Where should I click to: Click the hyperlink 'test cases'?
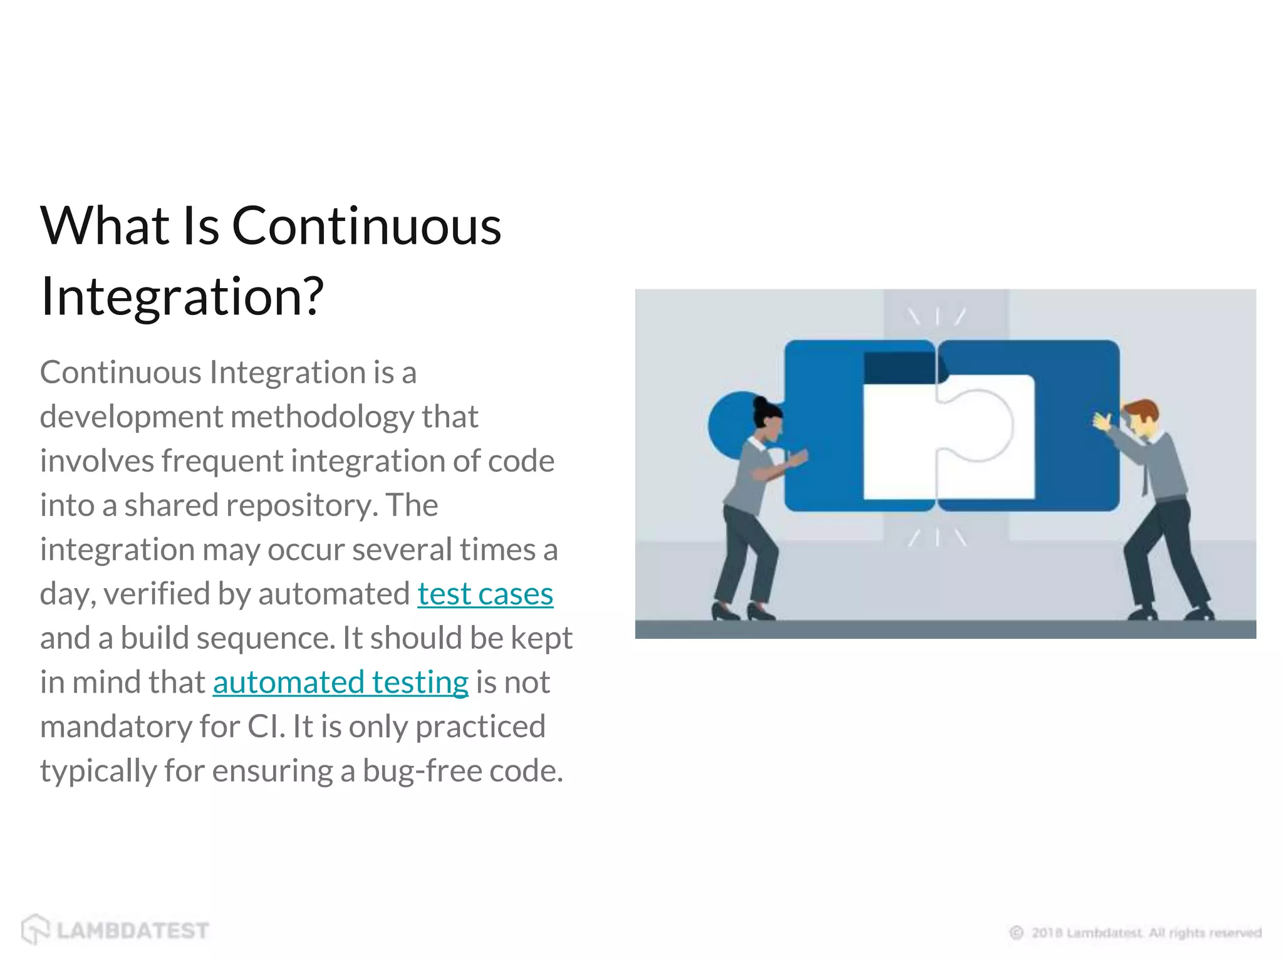485,594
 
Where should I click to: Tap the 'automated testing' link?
340,682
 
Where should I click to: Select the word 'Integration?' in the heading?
182,296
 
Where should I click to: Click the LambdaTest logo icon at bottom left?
35,929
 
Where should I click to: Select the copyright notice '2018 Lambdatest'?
1087,933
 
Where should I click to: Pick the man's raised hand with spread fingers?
1103,421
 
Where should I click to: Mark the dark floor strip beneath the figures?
945,629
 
